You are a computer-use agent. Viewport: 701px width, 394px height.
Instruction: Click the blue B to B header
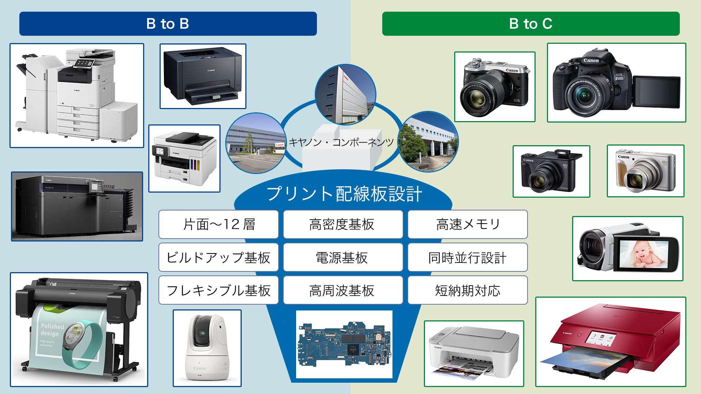point(168,24)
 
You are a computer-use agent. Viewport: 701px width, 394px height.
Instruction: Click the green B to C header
point(530,24)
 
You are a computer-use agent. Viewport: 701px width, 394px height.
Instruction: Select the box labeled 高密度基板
point(342,224)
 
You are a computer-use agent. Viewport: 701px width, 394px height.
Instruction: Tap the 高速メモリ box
point(467,224)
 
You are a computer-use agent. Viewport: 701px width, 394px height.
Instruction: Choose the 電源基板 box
point(342,258)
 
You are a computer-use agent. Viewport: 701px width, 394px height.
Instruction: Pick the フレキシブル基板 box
point(218,290)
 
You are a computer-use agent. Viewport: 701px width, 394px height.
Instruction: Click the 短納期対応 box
point(467,290)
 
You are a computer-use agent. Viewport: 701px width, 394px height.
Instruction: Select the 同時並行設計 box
point(467,258)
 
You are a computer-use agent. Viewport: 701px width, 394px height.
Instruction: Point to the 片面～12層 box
point(218,224)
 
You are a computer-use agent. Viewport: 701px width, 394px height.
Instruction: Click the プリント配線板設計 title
point(344,193)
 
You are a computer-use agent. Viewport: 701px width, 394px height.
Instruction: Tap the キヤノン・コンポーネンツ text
point(341,142)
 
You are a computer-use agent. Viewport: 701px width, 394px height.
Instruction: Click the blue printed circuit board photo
point(344,344)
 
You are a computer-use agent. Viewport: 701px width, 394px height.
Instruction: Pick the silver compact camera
point(645,171)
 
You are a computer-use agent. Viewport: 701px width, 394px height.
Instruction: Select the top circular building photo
point(345,94)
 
